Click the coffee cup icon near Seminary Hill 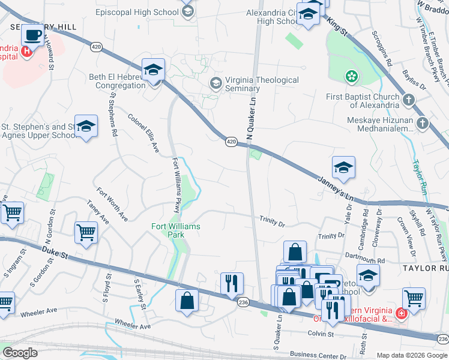pos(32,35)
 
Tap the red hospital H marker pos(26,52)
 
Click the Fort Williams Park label pos(175,230)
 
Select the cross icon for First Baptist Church pos(408,100)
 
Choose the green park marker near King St pos(351,76)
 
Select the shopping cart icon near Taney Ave pos(86,232)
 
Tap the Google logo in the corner pos(20,353)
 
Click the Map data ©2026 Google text pos(411,355)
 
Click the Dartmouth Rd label pos(365,260)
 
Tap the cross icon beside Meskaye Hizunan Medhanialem pos(423,124)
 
